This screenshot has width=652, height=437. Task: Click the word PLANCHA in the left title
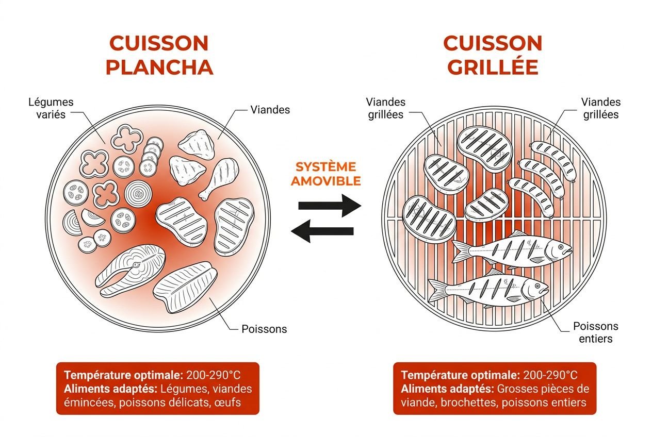click(159, 68)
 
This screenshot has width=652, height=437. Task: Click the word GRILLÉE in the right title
click(493, 67)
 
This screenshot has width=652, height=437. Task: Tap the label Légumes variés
click(51, 108)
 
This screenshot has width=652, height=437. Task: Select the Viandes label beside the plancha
click(270, 110)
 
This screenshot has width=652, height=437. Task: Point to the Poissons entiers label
click(596, 332)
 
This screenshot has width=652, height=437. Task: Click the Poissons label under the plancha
click(264, 329)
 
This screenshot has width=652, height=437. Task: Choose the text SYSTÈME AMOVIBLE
click(325, 174)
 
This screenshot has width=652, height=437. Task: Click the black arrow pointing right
click(330, 206)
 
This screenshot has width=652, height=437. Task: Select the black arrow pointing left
click(322, 231)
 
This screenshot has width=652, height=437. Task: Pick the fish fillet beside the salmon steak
click(185, 287)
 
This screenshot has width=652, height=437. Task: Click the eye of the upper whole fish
click(561, 247)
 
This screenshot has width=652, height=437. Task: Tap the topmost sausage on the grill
click(553, 160)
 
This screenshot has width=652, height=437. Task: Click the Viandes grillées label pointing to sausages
click(601, 108)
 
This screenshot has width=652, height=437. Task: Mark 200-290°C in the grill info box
click(550, 375)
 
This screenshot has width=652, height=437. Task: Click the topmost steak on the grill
click(484, 149)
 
